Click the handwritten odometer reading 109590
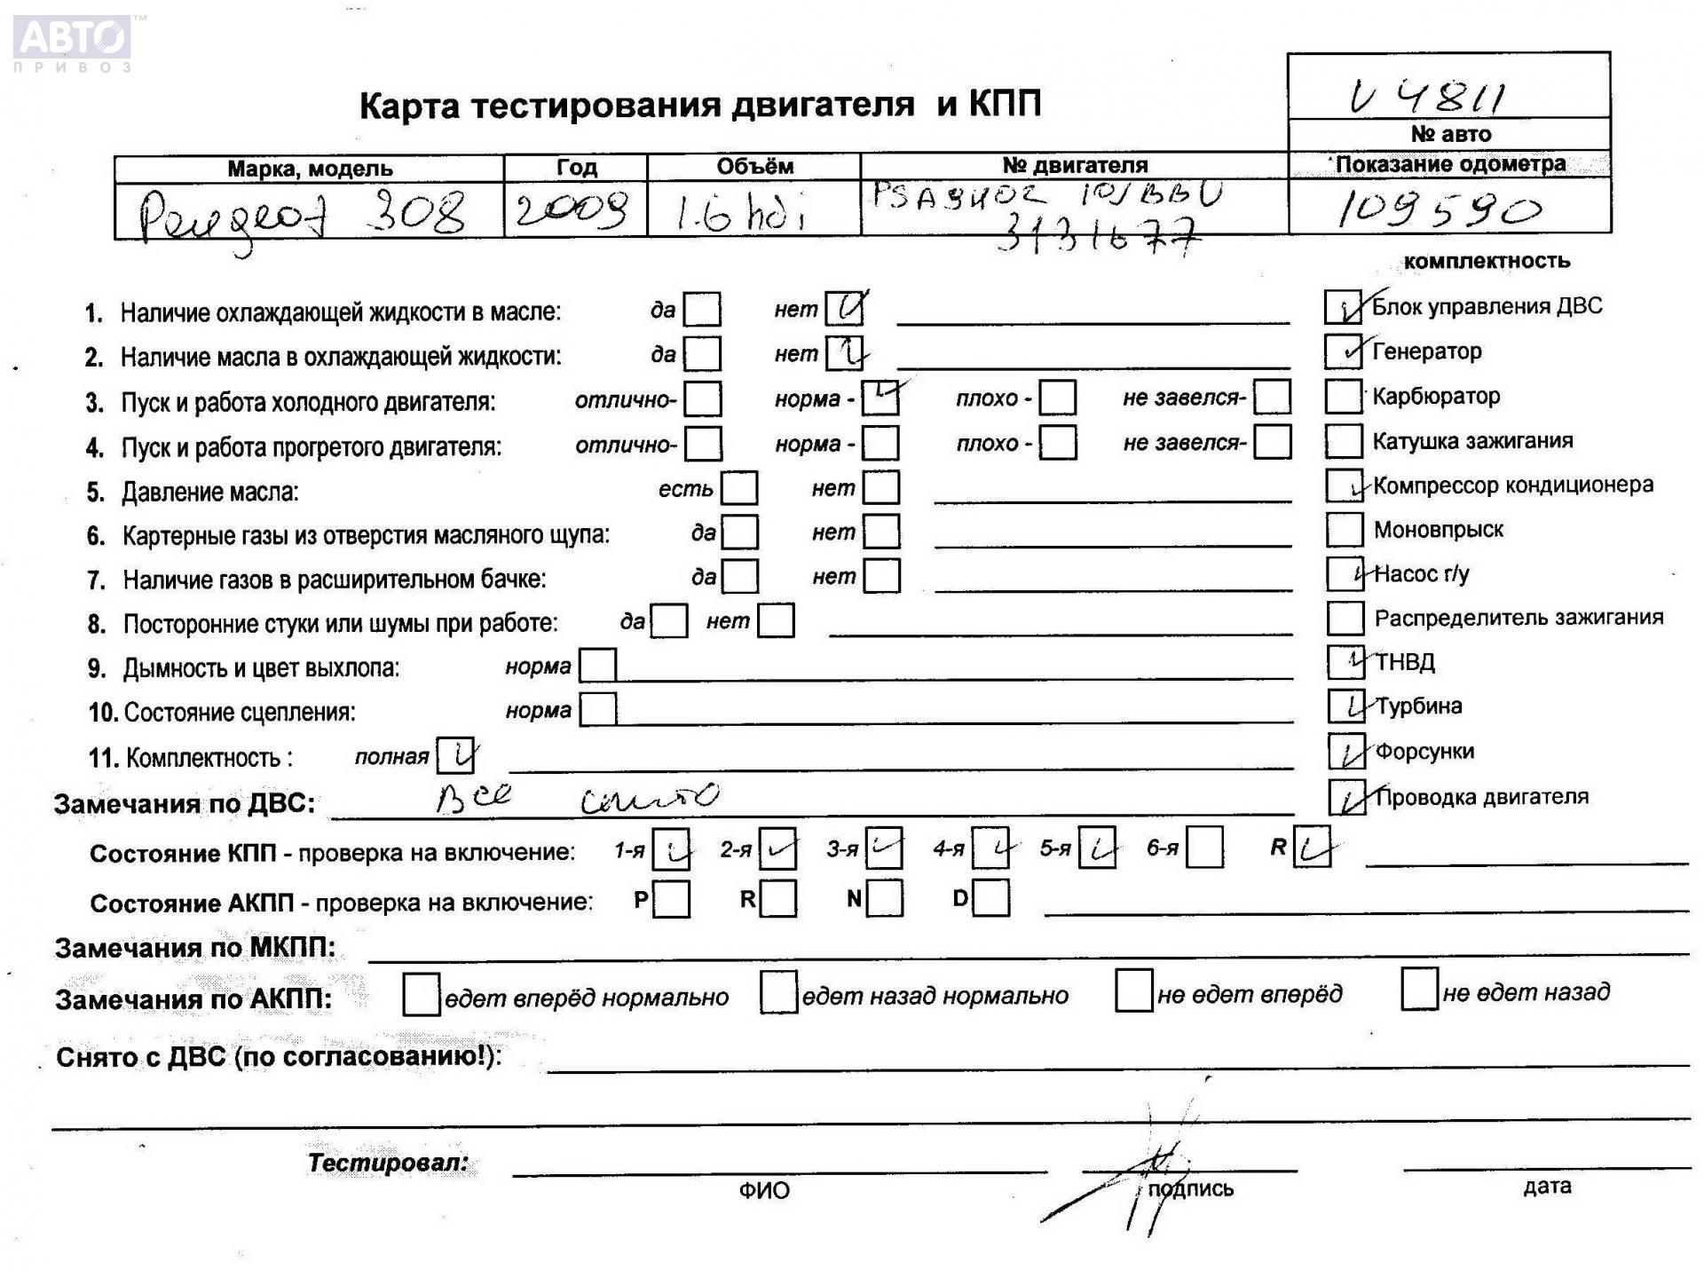(1438, 210)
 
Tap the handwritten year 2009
(572, 210)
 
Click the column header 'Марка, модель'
(309, 169)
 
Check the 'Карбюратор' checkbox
(1343, 396)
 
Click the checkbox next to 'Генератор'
(1343, 351)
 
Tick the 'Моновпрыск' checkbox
(1344, 530)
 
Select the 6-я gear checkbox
(1204, 848)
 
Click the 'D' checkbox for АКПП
(991, 898)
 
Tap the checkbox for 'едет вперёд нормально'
(421, 995)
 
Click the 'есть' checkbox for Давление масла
(739, 489)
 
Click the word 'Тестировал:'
(388, 1163)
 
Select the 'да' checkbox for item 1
(702, 310)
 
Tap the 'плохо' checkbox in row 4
(1057, 443)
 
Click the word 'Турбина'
(1419, 706)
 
